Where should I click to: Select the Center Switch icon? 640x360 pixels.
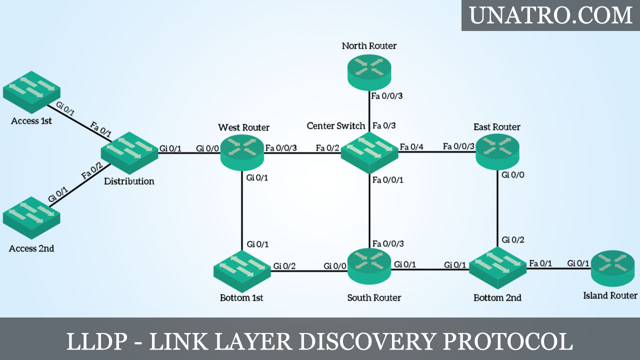(369, 153)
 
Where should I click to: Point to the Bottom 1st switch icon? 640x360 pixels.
(242, 270)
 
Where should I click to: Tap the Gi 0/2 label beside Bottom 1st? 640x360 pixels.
(284, 265)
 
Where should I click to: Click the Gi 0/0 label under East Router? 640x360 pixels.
(513, 175)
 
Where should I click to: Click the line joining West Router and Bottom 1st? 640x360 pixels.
(242, 210)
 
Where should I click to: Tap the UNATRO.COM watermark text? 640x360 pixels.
(551, 15)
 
